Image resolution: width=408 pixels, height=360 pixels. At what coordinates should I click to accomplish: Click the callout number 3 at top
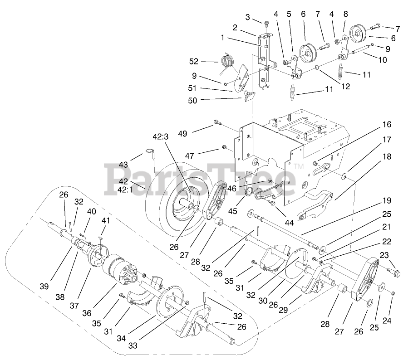(x=247, y=17)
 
